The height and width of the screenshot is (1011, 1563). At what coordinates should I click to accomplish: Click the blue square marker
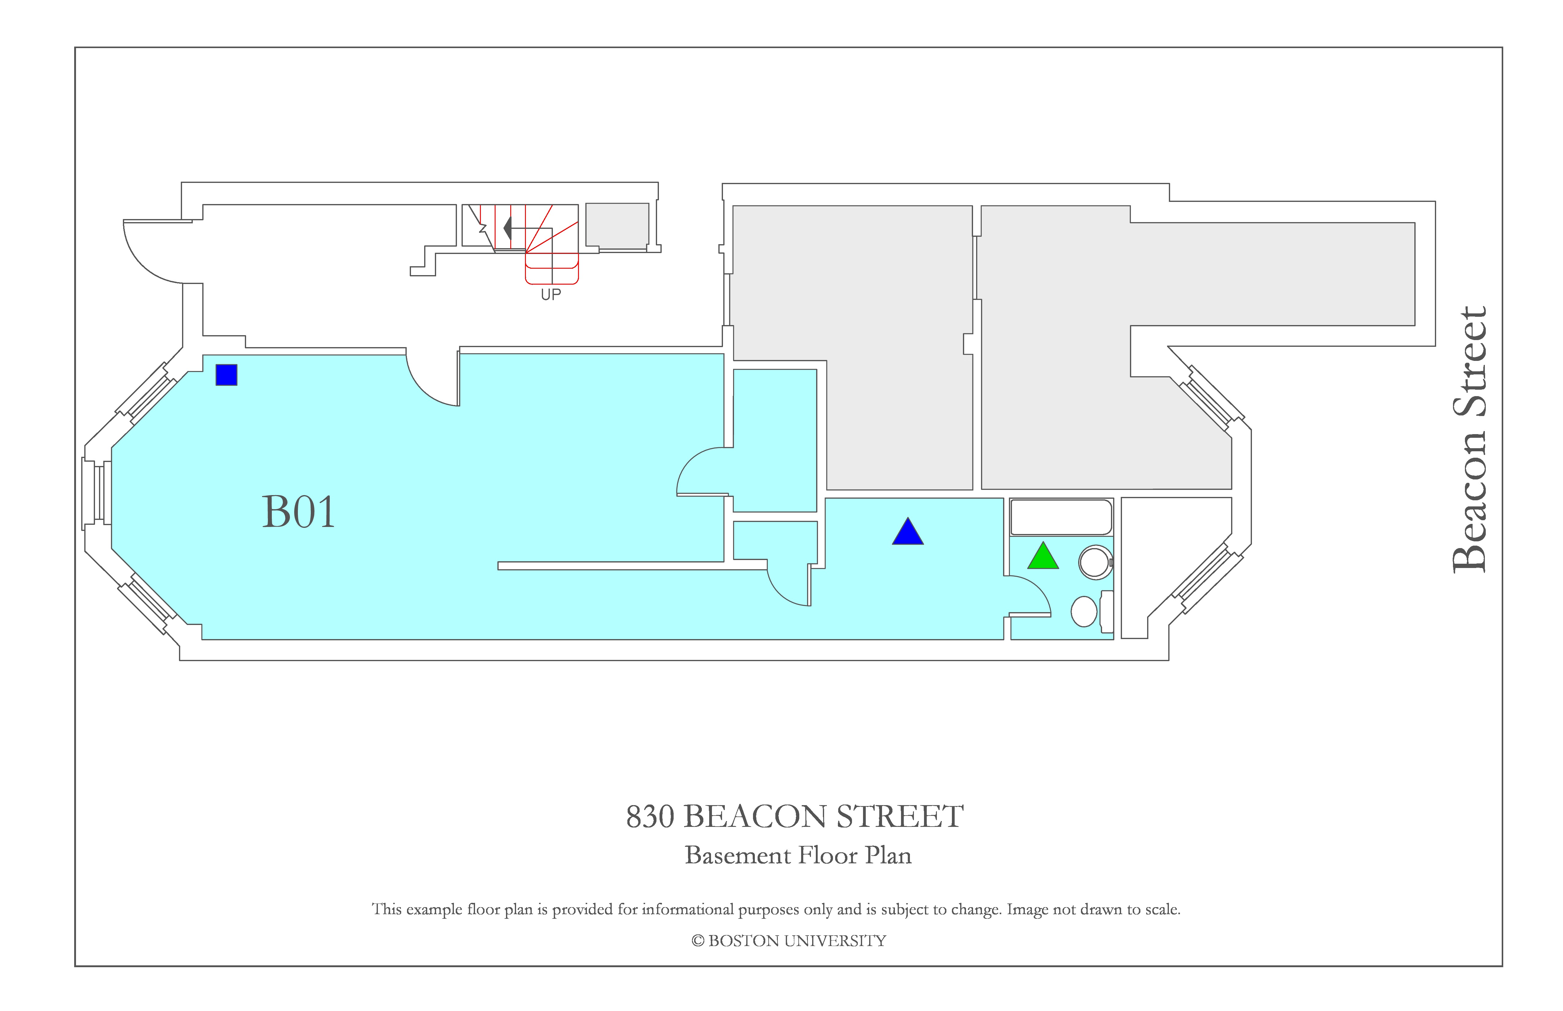point(226,375)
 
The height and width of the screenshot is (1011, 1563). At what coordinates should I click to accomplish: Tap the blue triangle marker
point(907,532)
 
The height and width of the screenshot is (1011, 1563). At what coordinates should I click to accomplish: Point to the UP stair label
point(551,295)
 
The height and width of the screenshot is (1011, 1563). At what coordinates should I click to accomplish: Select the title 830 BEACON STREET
point(795,817)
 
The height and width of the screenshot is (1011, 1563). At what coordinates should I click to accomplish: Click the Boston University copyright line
point(789,941)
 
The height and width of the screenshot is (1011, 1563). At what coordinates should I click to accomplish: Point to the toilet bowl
point(1084,611)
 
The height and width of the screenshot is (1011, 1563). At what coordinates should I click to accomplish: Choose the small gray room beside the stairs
point(617,226)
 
